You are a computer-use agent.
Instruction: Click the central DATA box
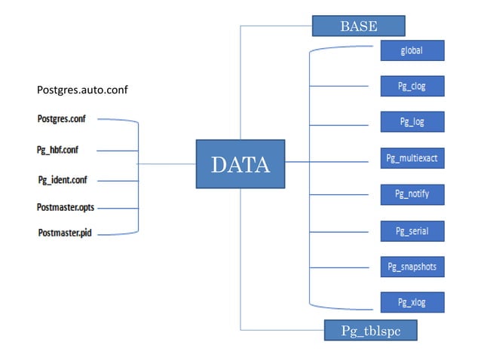[x=240, y=163]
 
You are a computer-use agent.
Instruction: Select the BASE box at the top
[x=357, y=26]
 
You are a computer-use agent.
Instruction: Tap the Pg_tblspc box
[x=369, y=331]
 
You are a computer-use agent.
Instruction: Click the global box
[x=411, y=50]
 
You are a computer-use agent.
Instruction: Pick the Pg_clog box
[x=411, y=86]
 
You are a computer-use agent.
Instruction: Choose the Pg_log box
[x=411, y=121]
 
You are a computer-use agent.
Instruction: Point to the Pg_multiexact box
[x=411, y=158]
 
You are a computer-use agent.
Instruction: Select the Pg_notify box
[x=411, y=194]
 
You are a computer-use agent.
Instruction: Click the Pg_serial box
[x=411, y=230]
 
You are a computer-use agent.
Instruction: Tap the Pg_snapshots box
[x=411, y=267]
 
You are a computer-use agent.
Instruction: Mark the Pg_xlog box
[x=411, y=302]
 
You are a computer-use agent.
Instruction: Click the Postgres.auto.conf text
[x=82, y=90]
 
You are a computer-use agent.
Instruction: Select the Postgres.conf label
[x=63, y=119]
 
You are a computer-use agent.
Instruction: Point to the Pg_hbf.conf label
[x=57, y=150]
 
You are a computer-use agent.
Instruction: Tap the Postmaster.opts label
[x=66, y=206]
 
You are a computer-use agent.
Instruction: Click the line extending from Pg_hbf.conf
[x=117, y=151]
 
